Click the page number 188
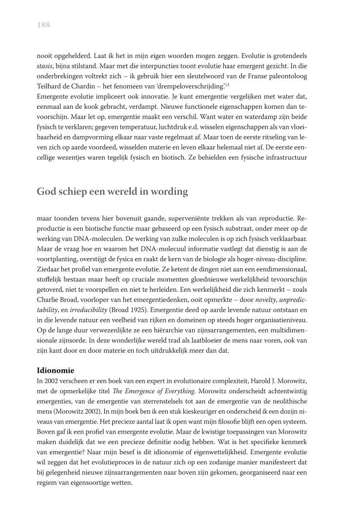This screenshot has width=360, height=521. (x=43, y=25)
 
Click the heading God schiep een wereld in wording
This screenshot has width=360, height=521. (x=112, y=191)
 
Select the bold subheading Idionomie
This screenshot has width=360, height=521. (x=56, y=370)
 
